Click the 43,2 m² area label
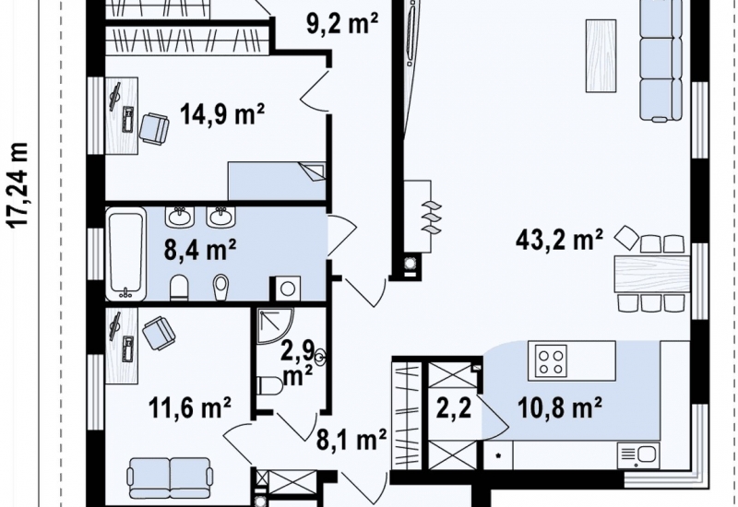click(x=559, y=240)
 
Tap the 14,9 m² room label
click(x=222, y=114)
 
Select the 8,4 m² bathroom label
click(x=200, y=249)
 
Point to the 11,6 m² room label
click(x=190, y=407)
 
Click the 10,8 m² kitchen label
click(x=560, y=407)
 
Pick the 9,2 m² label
click(x=342, y=24)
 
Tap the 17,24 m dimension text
click(x=19, y=185)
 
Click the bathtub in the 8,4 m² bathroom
click(x=125, y=254)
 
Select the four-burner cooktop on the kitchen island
click(x=552, y=361)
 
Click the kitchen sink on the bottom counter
click(x=638, y=455)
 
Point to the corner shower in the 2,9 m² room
click(x=275, y=326)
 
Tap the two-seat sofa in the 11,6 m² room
click(x=170, y=478)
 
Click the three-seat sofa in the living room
click(x=661, y=60)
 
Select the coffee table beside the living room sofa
click(x=601, y=56)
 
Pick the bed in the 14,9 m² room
click(x=277, y=181)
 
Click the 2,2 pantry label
click(x=454, y=407)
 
